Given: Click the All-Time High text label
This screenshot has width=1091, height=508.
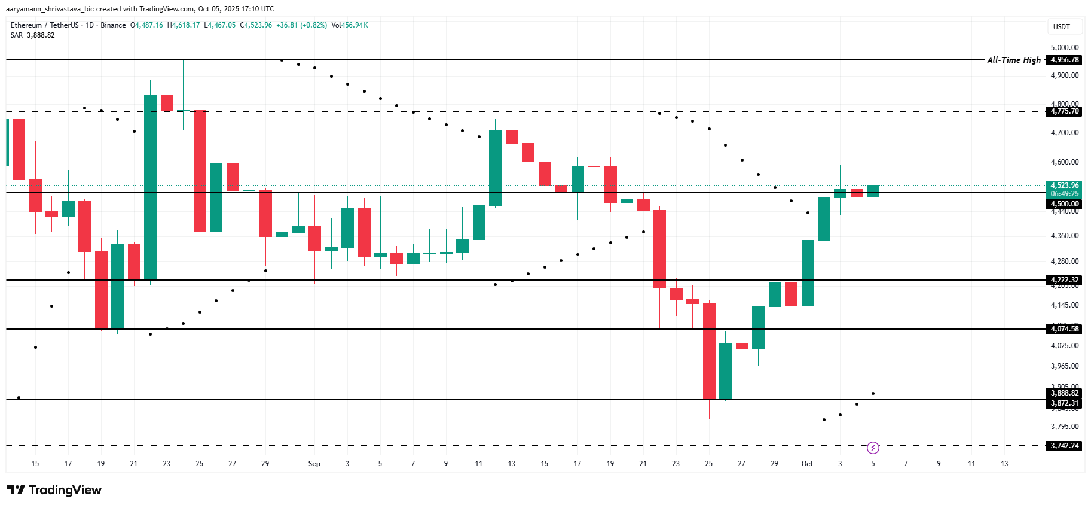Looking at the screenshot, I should click(1014, 60).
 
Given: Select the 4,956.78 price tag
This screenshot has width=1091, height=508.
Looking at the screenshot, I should click(1065, 60).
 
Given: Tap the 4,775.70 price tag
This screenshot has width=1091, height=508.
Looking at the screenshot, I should click(1065, 111).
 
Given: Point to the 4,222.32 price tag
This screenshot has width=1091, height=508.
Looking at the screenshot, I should click(1065, 280).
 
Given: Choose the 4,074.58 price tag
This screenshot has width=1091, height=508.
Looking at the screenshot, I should click(1065, 329).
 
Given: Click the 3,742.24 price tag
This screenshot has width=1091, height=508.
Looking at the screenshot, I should click(1065, 446).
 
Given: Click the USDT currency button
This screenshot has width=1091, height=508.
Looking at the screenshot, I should click(1062, 27).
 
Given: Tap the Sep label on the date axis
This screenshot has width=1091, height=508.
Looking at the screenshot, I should click(314, 464).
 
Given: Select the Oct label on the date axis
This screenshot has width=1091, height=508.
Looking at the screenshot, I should click(807, 464).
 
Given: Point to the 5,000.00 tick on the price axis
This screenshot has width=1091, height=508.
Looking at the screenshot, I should click(1065, 48).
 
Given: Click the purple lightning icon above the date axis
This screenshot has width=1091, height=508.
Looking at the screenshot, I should click(873, 448).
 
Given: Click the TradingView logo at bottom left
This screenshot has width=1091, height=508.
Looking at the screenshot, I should click(55, 490).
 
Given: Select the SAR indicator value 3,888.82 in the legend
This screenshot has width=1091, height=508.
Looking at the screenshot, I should click(41, 35).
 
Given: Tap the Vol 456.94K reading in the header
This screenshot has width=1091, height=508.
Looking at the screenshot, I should click(350, 25).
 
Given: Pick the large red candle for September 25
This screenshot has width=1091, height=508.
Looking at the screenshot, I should click(709, 351).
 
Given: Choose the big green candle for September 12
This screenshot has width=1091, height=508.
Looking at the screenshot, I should click(495, 168).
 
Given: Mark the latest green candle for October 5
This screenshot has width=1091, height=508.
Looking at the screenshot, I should click(873, 191).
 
